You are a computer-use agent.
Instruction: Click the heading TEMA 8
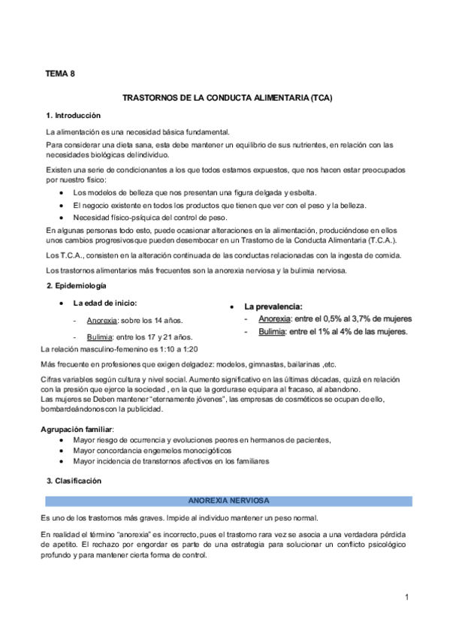60,74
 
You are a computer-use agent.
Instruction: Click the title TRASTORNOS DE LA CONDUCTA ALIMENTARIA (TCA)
227,98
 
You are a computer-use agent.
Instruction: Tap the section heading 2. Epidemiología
76,285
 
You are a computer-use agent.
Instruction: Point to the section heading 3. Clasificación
73,480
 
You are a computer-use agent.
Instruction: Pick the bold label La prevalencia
273,306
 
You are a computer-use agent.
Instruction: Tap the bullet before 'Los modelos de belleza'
60,193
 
